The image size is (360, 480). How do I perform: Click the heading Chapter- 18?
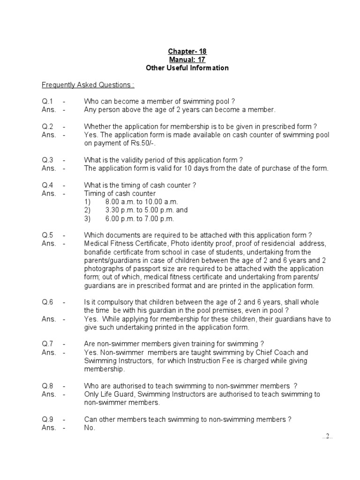(187, 51)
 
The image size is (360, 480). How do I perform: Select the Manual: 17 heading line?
(187, 60)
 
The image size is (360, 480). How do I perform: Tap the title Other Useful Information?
(187, 68)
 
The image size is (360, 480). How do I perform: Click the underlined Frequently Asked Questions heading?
(88, 85)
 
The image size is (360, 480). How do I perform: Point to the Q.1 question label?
(47, 102)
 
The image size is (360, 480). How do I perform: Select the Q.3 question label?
(47, 160)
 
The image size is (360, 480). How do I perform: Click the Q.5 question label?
(47, 235)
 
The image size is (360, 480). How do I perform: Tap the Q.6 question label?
(47, 302)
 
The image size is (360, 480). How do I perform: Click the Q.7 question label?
(47, 344)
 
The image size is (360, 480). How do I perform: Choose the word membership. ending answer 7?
(105, 369)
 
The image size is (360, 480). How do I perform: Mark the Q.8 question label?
(47, 386)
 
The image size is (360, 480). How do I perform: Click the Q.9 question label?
(47, 420)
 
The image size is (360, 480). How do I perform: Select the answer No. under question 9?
(90, 428)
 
